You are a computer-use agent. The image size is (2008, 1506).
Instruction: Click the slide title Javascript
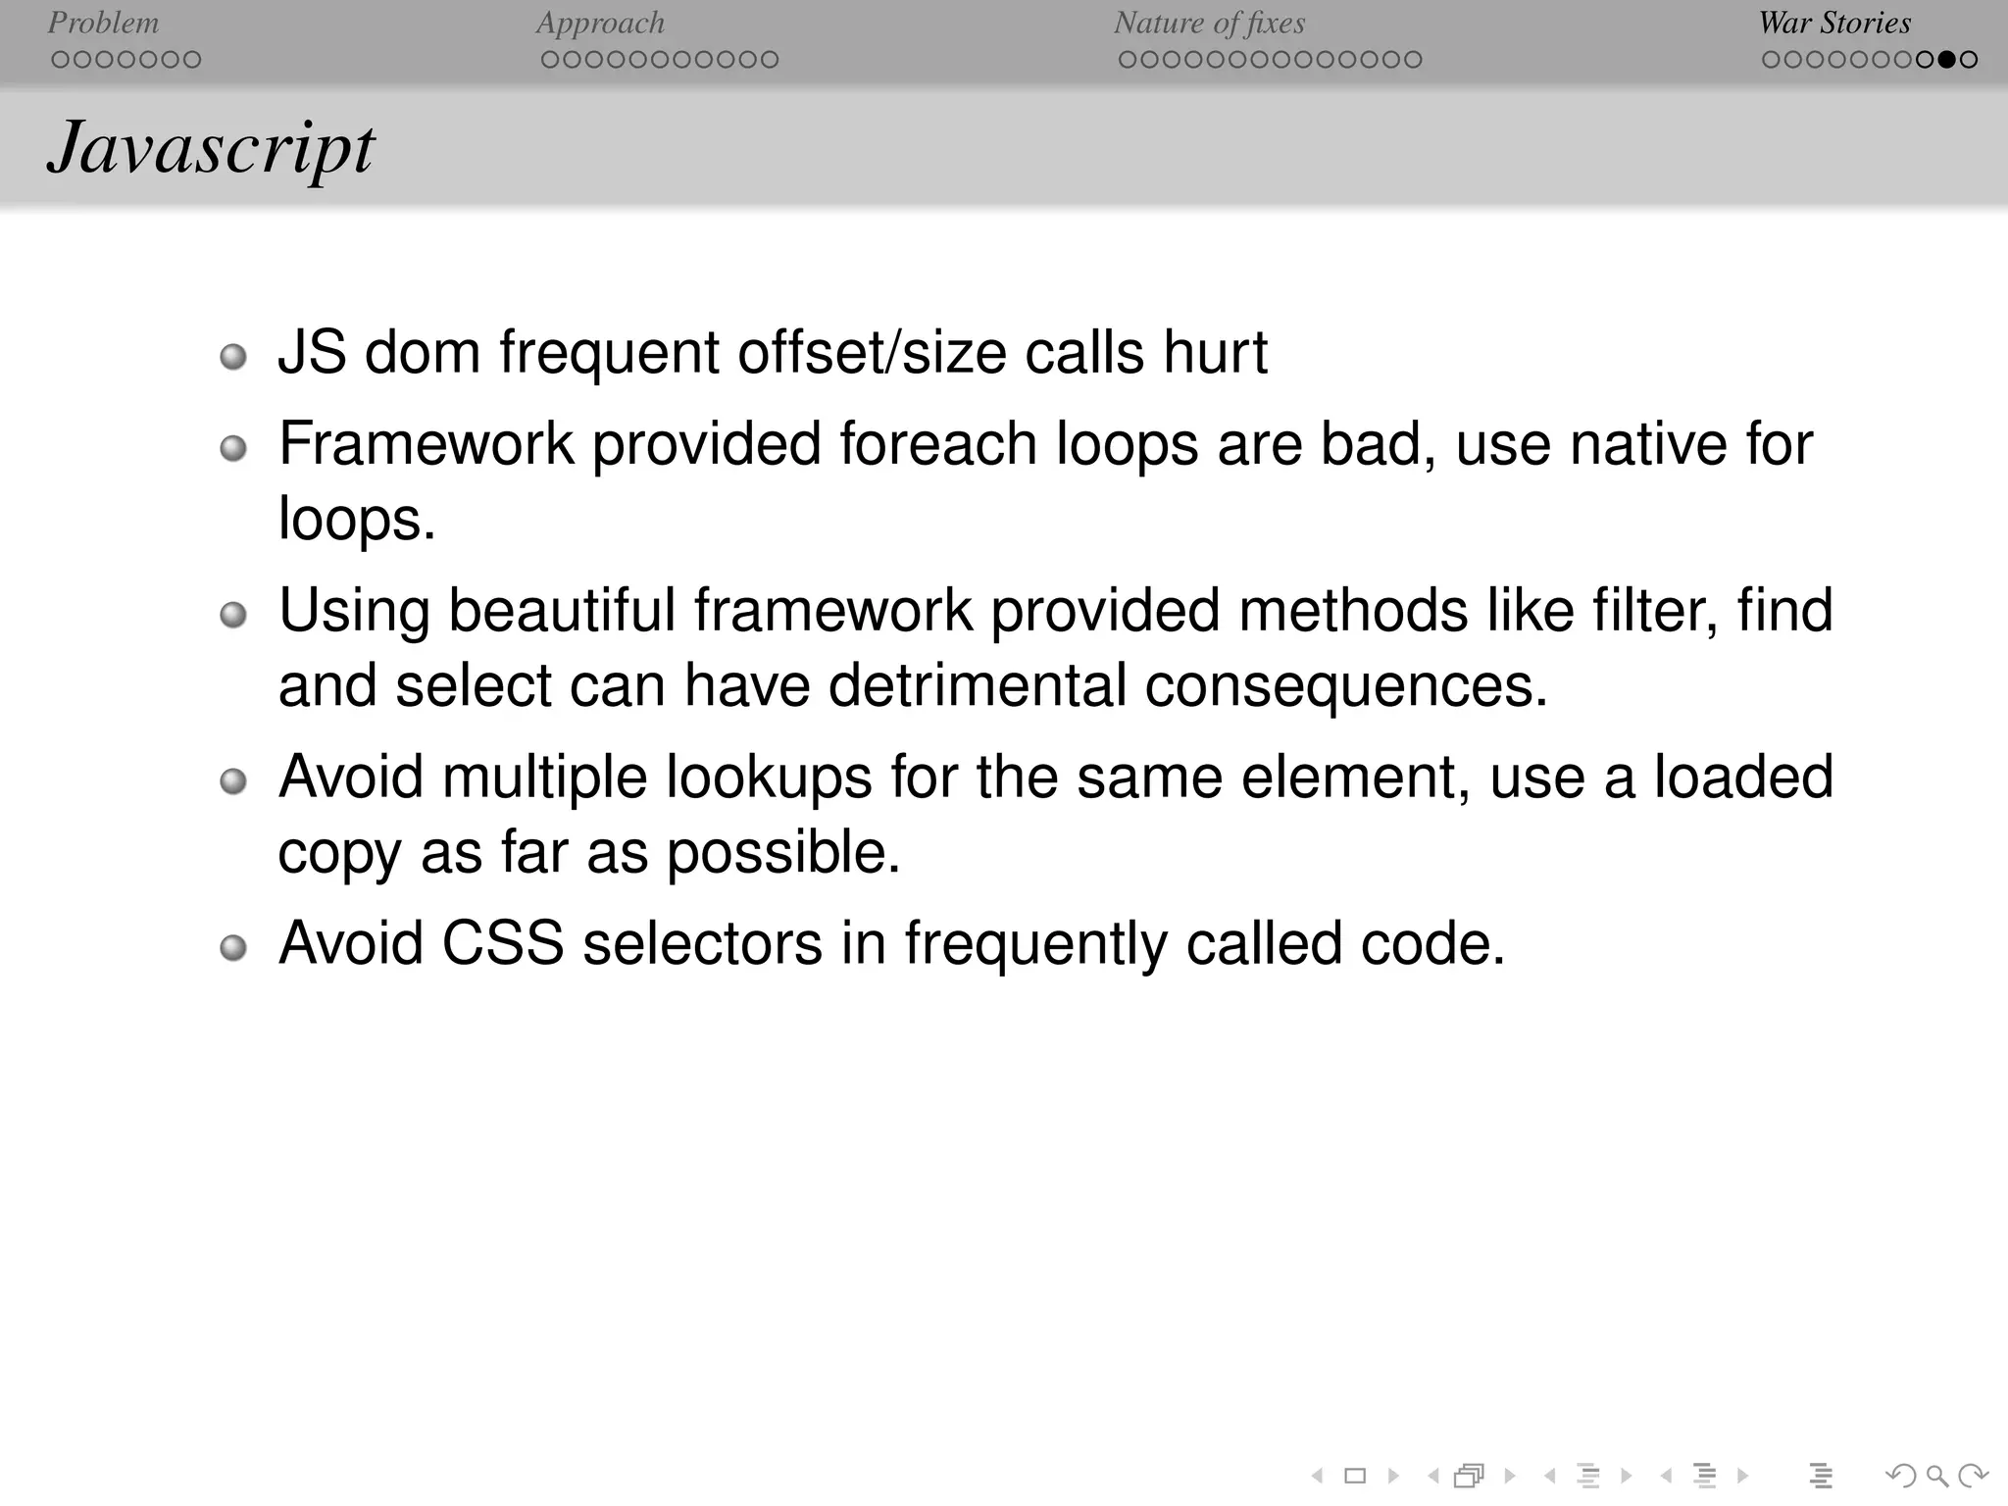coord(211,149)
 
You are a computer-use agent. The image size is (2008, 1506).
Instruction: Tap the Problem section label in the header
coord(103,23)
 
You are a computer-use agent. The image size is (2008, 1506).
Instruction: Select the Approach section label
coord(600,23)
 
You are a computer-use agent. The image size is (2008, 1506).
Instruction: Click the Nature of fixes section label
coord(1209,23)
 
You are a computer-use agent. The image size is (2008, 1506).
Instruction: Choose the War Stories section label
coord(1834,23)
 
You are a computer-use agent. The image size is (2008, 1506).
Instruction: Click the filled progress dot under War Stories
coord(1947,60)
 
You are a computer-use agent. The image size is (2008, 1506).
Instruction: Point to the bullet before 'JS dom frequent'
coord(233,357)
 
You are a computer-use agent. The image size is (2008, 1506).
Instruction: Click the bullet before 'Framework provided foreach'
coord(233,449)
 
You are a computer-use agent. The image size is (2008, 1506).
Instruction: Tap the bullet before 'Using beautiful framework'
coord(233,616)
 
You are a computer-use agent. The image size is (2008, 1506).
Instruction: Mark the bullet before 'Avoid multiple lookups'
coord(233,782)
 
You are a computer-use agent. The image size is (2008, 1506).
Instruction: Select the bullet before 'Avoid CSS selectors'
coord(233,948)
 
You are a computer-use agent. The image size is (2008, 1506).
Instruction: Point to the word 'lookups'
coord(769,778)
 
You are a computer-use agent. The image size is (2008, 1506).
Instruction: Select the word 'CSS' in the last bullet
coord(503,943)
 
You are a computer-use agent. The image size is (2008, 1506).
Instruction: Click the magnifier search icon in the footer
coord(1936,1476)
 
